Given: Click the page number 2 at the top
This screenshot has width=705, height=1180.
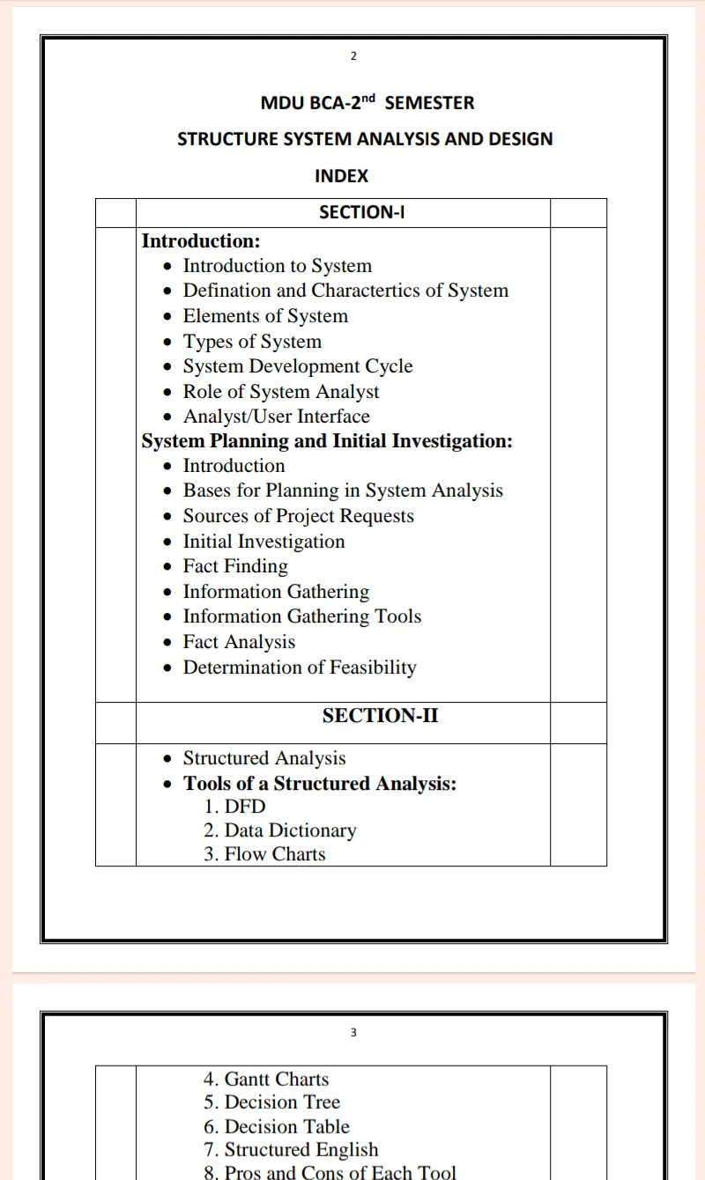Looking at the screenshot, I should (x=353, y=56).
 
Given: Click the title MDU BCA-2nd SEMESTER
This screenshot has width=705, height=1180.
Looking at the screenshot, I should (x=367, y=103).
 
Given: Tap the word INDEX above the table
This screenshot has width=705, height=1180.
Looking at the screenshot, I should (x=341, y=176).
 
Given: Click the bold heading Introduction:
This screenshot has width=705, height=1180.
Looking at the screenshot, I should (x=201, y=240).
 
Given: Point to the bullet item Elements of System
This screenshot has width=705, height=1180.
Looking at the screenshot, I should (x=264, y=316).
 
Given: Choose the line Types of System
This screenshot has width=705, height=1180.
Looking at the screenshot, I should (x=252, y=342).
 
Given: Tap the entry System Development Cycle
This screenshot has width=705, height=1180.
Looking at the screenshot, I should (x=297, y=366).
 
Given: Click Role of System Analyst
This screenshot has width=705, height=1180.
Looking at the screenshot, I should (x=281, y=392).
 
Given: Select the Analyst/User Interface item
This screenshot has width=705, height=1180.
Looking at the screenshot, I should (x=276, y=417).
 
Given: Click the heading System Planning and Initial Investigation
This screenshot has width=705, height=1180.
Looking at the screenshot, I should (x=327, y=441).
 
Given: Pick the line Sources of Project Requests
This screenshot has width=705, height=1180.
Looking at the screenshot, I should (x=298, y=516).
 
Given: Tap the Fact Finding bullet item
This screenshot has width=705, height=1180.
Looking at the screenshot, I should (x=235, y=566).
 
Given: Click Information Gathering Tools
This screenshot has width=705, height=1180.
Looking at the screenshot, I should (x=301, y=616).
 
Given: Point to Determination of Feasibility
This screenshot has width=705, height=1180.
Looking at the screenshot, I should (x=299, y=667).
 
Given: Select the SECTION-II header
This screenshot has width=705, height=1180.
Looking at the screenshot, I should (x=380, y=716).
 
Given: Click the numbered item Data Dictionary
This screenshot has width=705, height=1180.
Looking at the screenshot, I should (x=290, y=830).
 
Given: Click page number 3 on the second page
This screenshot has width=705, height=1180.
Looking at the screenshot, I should (x=353, y=1033).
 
